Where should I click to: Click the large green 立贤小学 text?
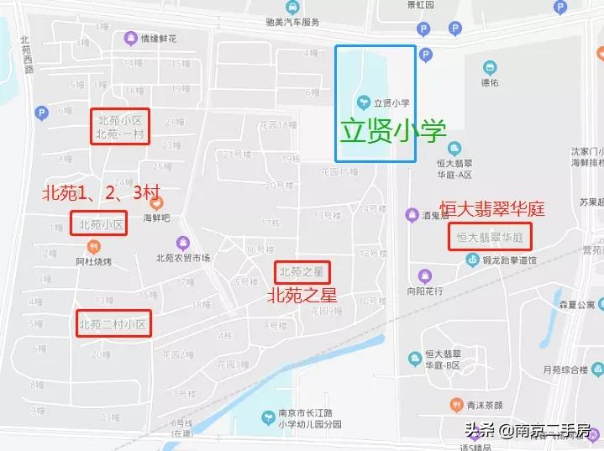[392, 131]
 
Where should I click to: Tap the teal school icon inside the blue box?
[363, 102]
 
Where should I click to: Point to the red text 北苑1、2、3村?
[101, 192]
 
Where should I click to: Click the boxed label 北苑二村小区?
[113, 324]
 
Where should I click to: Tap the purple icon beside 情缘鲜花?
[130, 38]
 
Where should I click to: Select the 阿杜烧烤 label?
[93, 260]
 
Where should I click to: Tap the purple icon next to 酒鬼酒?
[412, 215]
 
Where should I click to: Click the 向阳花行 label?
[424, 291]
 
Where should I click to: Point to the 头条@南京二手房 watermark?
[531, 430]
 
